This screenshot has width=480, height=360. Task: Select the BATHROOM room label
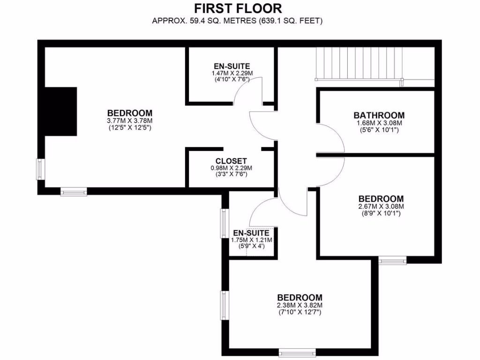(x=379, y=115)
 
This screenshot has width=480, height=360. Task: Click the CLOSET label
(x=231, y=161)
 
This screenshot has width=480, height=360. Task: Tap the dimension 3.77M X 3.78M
(x=130, y=120)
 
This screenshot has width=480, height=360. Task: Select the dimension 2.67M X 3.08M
(x=381, y=206)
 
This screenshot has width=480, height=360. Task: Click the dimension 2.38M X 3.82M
(x=300, y=305)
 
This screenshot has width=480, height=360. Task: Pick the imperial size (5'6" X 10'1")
(x=379, y=130)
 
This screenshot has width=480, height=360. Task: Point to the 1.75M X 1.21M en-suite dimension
(x=252, y=240)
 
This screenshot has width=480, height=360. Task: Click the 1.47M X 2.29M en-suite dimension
(x=232, y=73)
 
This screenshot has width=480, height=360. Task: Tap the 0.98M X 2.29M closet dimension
(x=231, y=168)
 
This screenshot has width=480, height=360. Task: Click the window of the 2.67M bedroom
(x=392, y=260)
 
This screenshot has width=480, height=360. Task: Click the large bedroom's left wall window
(x=41, y=169)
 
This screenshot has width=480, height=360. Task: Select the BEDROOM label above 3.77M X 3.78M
(x=130, y=113)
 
